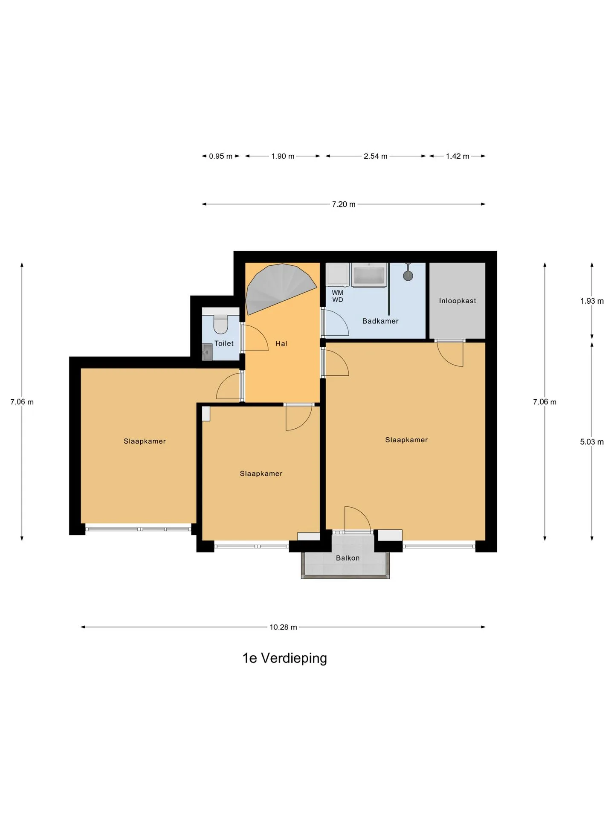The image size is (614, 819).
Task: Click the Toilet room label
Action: (x=224, y=343)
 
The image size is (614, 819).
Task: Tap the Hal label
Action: (x=281, y=343)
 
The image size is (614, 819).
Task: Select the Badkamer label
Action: (x=380, y=321)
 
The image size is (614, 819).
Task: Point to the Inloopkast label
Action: (x=458, y=301)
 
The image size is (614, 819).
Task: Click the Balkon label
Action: (x=348, y=558)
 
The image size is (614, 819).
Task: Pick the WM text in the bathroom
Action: (x=338, y=293)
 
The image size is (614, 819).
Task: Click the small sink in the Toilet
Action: (x=207, y=352)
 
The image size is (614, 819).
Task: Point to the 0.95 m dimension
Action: (x=220, y=156)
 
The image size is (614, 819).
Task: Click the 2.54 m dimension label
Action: (x=375, y=156)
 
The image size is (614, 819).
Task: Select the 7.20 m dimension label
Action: (x=344, y=204)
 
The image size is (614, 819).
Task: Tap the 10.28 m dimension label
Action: (x=283, y=627)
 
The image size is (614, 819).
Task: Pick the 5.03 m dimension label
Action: (x=592, y=442)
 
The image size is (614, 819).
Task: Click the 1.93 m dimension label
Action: (x=592, y=301)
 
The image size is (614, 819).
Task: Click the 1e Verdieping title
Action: (x=285, y=658)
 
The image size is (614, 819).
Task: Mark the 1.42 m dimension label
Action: (x=458, y=156)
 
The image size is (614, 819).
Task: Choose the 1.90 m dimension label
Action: (x=283, y=156)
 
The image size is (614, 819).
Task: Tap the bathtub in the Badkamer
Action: (x=369, y=275)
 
